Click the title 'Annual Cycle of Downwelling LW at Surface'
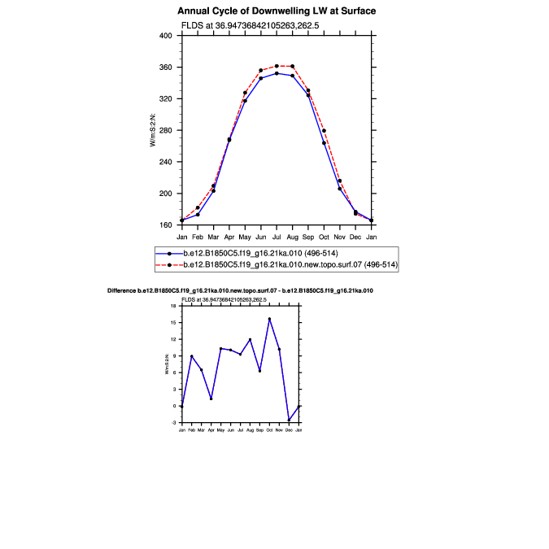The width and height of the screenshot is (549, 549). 277,11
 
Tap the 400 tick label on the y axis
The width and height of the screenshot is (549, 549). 165,36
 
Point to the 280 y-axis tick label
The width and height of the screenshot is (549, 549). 165,130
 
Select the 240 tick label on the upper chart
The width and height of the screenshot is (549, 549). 165,162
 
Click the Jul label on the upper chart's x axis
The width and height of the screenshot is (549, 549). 277,236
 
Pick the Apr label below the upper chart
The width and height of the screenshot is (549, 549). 229,236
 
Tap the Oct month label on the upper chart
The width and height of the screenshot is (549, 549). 324,236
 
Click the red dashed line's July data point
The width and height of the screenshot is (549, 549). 277,66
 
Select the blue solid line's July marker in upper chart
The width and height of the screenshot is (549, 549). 277,73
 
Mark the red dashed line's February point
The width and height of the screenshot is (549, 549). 198,207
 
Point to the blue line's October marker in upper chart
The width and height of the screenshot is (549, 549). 324,143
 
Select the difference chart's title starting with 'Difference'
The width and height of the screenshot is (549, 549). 241,290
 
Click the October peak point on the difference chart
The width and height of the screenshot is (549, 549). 269,319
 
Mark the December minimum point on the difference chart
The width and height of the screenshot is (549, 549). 289,420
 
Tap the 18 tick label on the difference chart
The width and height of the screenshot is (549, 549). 174,306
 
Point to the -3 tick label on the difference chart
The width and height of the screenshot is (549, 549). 174,423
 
